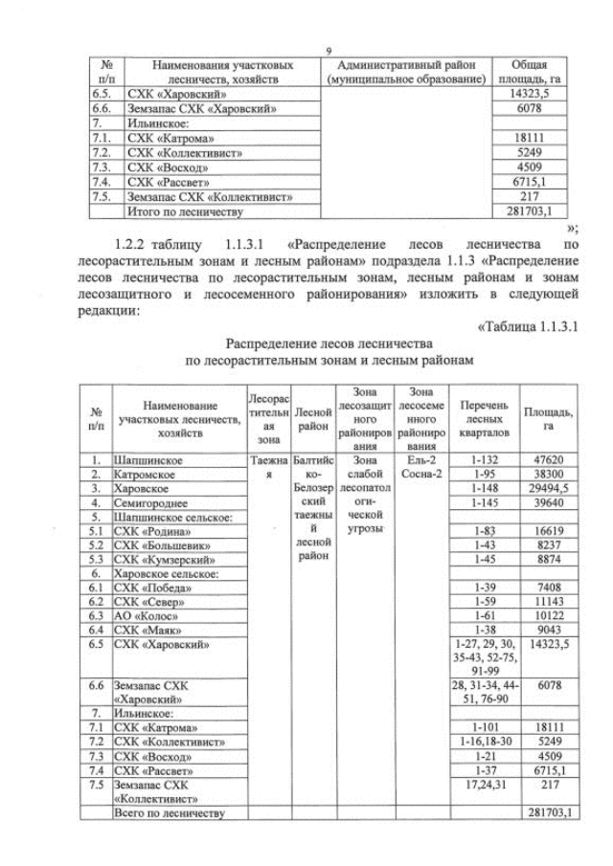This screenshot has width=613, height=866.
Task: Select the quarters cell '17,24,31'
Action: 483,785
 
